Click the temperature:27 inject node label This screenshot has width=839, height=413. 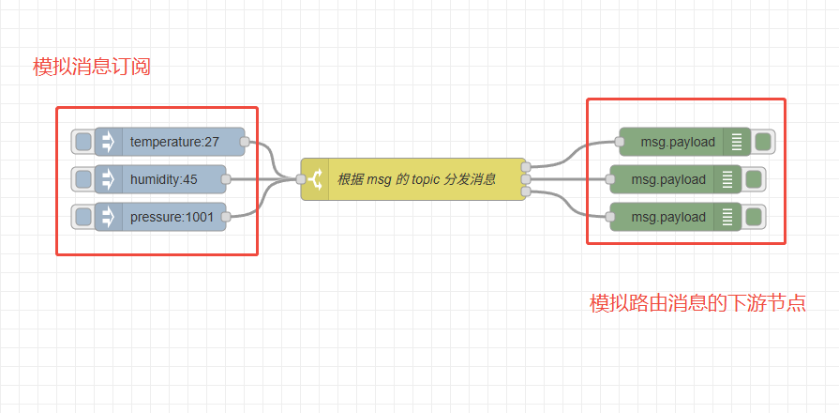click(174, 143)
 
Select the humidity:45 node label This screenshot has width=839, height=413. click(164, 179)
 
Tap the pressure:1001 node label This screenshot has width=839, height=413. click(172, 218)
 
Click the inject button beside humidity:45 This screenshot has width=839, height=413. click(83, 179)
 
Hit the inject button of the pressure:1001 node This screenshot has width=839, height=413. click(83, 218)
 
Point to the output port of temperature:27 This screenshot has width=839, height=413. click(245, 143)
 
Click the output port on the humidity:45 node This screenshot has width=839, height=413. click(226, 179)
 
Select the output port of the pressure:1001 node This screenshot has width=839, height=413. click(226, 218)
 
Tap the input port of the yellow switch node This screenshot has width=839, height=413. click(301, 179)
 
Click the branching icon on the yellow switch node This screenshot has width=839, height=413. click(315, 179)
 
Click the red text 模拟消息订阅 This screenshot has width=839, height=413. click(92, 68)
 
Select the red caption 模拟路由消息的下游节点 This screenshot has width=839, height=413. click(697, 304)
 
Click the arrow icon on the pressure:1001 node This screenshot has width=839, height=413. click(108, 218)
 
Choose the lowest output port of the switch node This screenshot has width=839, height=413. click(525, 191)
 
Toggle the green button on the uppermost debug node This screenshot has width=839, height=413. click(762, 142)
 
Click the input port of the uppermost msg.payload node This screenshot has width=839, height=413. click(620, 143)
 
